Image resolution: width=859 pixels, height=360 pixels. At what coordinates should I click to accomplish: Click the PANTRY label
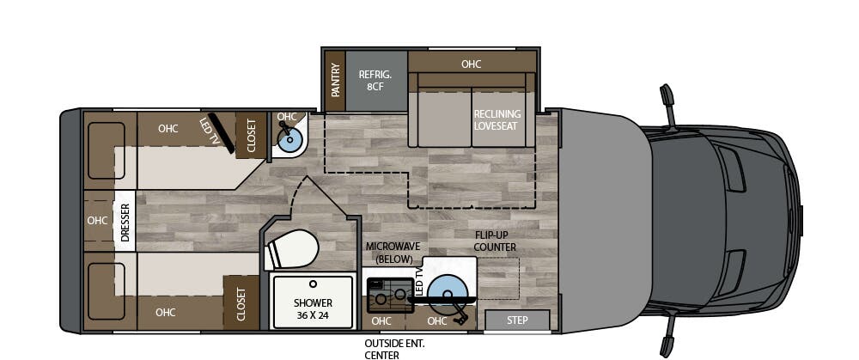(336, 80)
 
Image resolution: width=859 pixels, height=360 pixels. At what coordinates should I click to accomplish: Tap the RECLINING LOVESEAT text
(497, 120)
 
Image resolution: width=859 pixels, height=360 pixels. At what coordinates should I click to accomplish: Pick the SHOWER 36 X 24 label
(313, 308)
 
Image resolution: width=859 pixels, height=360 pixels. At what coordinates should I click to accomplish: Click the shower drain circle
(314, 283)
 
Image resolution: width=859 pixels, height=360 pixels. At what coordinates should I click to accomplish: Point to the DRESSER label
(125, 223)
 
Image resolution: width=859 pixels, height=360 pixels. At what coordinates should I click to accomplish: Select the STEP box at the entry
(518, 320)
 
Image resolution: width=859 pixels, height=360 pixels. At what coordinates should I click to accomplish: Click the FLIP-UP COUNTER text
(496, 241)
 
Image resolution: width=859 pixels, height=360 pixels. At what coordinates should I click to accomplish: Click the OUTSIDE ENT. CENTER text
(395, 348)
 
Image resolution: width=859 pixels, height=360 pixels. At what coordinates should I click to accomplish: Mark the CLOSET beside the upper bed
(252, 136)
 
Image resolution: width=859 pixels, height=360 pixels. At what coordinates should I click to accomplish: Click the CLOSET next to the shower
(241, 303)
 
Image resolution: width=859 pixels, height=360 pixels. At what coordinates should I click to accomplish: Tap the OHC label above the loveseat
(471, 64)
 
